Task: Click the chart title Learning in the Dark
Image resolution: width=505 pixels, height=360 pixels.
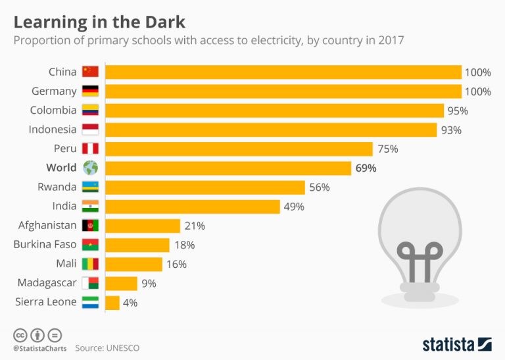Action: (99, 21)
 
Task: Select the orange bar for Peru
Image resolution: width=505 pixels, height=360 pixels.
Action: (239, 149)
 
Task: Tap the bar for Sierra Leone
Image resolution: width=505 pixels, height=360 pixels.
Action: (112, 303)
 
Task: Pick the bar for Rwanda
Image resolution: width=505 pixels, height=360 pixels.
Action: (205, 188)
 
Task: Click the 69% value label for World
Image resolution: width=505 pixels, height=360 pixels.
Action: (366, 168)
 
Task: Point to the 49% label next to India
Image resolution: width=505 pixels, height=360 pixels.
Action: (293, 207)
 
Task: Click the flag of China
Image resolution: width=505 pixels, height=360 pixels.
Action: (90, 72)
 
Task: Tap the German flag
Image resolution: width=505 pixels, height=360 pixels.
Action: (90, 91)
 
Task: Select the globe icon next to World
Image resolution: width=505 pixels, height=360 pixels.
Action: (90, 168)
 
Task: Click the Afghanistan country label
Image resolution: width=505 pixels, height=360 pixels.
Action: (47, 226)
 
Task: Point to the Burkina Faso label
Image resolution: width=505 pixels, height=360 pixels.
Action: (45, 245)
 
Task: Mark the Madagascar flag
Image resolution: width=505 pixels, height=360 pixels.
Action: (90, 284)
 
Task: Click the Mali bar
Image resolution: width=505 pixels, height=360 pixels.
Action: (133, 265)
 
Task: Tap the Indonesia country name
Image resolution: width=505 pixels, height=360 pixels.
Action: (53, 130)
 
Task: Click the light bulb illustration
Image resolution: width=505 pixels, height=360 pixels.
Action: (420, 250)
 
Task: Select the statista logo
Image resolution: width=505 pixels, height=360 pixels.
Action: (456, 344)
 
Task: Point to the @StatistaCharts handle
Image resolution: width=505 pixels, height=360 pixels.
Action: (39, 347)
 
